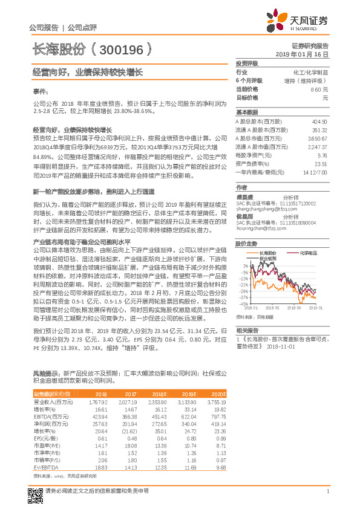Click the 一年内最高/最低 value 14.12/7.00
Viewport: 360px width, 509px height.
(314, 172)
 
